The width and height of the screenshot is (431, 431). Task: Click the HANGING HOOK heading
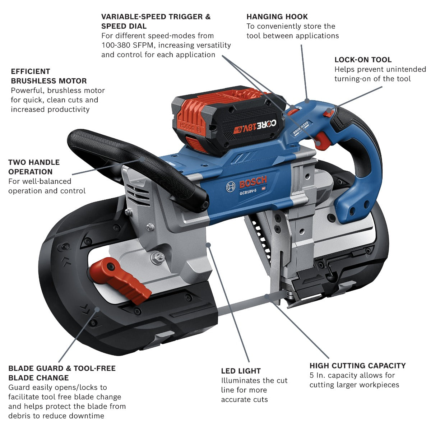pos(277,17)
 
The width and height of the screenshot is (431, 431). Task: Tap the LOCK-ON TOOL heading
pos(363,60)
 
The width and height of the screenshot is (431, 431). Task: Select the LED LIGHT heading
pos(241,371)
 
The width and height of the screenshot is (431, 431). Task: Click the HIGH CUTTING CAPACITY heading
pos(357,366)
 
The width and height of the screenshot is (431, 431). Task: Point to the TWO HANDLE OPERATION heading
pos(34,167)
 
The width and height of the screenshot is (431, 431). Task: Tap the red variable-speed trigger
pos(322,140)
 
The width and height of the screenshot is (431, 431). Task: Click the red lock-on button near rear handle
pos(328,113)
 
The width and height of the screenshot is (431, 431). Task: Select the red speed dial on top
pos(292,111)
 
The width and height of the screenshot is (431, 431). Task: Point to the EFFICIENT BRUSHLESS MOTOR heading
pos(48,76)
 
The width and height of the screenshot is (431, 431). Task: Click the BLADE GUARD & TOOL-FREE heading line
pos(62,368)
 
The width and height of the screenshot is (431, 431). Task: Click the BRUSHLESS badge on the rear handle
pos(301,128)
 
